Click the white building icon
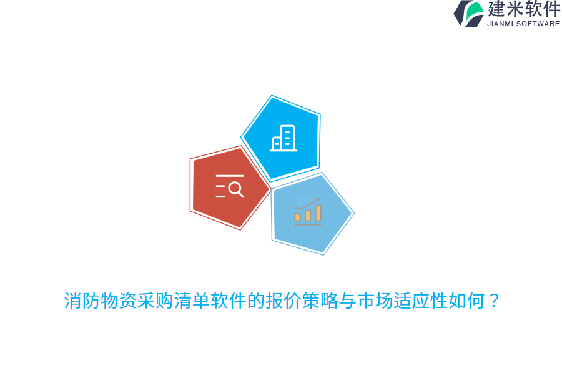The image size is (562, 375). click(283, 138)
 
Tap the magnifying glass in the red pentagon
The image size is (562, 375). click(236, 189)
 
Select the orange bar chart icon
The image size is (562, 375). click(308, 212)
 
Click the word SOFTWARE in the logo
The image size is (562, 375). click(538, 24)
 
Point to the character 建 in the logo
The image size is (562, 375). click(496, 9)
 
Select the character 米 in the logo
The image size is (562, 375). click(515, 9)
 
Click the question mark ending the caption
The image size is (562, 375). click(494, 301)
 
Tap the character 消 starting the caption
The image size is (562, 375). click(73, 301)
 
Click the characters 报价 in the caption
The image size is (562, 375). click(283, 301)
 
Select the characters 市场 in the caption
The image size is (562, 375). click(375, 301)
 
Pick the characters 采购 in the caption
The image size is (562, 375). click(155, 301)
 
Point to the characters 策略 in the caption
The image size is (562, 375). click(320, 301)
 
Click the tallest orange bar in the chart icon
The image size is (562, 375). click(318, 212)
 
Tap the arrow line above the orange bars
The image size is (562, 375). click(308, 204)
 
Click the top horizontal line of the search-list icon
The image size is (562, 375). click(230, 176)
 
